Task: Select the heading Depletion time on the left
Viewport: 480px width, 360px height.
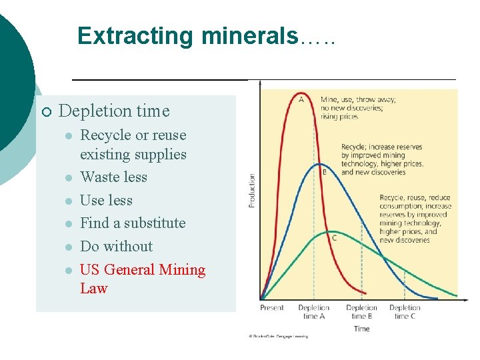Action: (114, 111)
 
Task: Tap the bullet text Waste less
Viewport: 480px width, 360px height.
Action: (113, 177)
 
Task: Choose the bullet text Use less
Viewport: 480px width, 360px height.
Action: (106, 201)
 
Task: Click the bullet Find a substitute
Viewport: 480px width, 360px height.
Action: (133, 223)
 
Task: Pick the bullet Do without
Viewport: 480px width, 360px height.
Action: (116, 247)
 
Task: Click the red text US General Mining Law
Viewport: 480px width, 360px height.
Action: (142, 279)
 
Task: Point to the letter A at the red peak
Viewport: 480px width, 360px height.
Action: (301, 100)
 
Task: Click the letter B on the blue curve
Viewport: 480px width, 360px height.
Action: (324, 172)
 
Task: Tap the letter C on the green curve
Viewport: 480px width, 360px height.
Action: (334, 238)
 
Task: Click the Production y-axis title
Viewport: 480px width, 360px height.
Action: (252, 190)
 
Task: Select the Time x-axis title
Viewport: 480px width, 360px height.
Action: (361, 328)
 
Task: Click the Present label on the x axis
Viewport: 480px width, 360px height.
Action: (272, 308)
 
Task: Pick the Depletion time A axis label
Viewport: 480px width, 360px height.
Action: (313, 312)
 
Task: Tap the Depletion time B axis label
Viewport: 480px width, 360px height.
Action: (361, 312)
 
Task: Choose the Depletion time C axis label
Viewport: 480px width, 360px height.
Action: (405, 312)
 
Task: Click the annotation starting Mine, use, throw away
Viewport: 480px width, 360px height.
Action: (358, 107)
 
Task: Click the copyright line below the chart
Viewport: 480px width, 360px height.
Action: (279, 337)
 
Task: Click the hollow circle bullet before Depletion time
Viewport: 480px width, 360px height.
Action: (45, 111)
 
